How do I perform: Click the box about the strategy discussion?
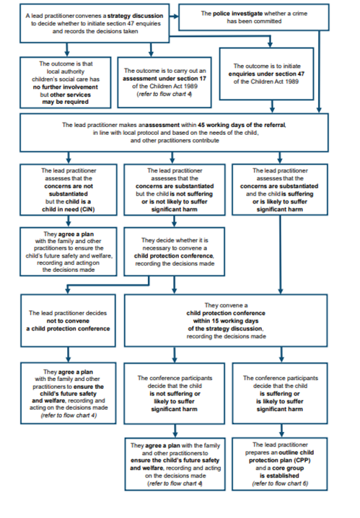pos(95,23)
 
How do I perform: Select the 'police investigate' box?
pos(254,17)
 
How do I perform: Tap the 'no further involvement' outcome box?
pos(66,82)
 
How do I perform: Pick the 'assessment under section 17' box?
pos(164,82)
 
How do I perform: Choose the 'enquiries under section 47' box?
pos(266,74)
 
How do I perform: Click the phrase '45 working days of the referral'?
pos(242,125)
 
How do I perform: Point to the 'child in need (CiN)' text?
pos(69,209)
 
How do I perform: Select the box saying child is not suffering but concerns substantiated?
pos(175,190)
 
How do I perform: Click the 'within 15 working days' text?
pos(226,321)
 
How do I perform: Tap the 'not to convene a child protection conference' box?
pos(68,321)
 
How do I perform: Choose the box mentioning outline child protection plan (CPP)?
pos(280,464)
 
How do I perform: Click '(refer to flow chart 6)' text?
pos(280,483)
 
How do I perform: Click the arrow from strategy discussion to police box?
pos(174,16)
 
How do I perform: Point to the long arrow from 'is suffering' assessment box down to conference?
pos(281,255)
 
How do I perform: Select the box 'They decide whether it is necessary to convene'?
pos(175,252)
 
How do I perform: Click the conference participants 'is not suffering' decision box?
pos(175,393)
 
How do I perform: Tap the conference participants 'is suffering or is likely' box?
pos(280,393)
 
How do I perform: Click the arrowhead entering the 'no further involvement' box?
pos(67,54)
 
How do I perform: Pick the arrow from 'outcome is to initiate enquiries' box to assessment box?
pos(272,107)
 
